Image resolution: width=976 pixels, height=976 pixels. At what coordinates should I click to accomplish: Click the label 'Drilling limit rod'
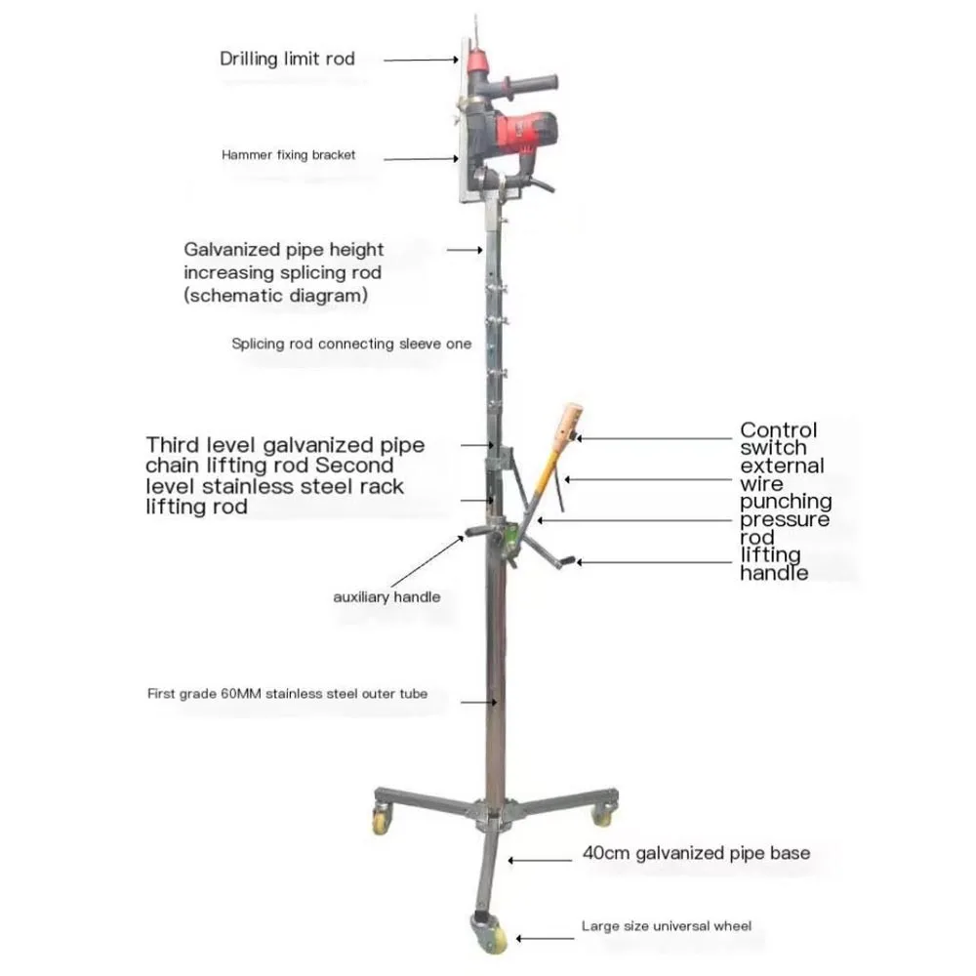pyautogui.click(x=287, y=59)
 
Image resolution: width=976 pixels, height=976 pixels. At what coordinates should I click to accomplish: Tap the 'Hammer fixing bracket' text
pyautogui.click(x=288, y=154)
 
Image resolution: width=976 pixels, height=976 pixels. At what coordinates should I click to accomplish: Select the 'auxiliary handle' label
pyautogui.click(x=386, y=596)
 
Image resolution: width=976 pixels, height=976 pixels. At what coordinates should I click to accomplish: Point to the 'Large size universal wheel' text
pyautogui.click(x=667, y=925)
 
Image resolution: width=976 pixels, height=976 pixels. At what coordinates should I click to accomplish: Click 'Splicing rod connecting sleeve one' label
pyautogui.click(x=351, y=344)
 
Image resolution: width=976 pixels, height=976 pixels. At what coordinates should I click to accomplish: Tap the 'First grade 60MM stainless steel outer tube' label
pyautogui.click(x=287, y=695)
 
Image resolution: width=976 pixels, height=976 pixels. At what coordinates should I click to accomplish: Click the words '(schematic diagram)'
pyautogui.click(x=275, y=295)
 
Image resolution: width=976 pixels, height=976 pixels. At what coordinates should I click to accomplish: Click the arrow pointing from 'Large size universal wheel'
pyautogui.click(x=543, y=939)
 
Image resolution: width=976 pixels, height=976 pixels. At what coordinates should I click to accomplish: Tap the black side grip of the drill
pyautogui.click(x=532, y=81)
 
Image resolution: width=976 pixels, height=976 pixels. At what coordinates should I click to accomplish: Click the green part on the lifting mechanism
pyautogui.click(x=508, y=536)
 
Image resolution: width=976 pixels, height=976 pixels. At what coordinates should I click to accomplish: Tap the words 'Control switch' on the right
pyautogui.click(x=779, y=439)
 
